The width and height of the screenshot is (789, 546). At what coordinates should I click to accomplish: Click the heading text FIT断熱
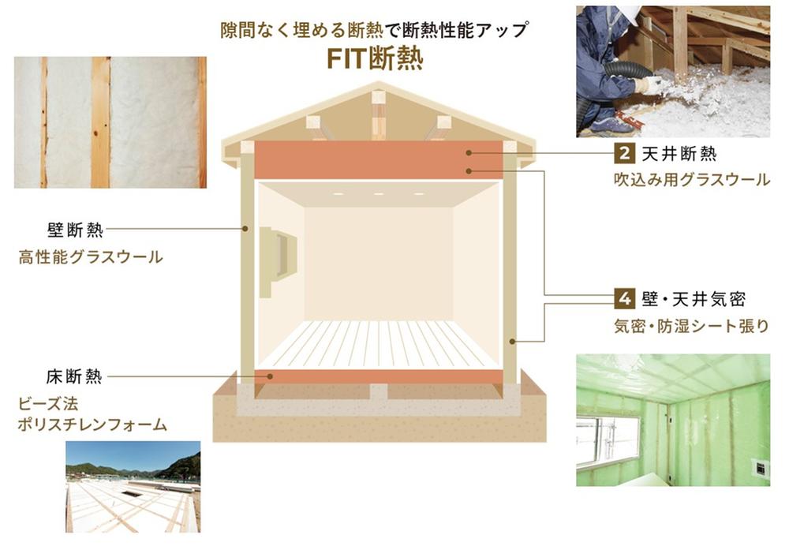click(x=375, y=59)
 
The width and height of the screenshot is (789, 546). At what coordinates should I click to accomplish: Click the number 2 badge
click(x=624, y=153)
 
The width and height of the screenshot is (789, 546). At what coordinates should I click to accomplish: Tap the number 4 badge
click(x=624, y=299)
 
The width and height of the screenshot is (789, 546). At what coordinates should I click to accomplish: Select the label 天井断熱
click(x=679, y=154)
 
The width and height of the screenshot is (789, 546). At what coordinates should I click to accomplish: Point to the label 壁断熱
click(x=75, y=230)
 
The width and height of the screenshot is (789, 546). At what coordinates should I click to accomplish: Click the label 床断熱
click(x=74, y=376)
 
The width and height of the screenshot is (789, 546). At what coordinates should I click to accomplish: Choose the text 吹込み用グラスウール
click(x=692, y=180)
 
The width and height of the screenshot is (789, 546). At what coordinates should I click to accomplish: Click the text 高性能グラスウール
click(x=91, y=257)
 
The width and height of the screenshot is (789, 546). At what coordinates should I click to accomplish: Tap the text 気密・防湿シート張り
click(x=691, y=326)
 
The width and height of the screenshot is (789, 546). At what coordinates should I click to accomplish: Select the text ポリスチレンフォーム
click(x=92, y=424)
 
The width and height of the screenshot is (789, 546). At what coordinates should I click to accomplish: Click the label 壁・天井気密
click(x=694, y=299)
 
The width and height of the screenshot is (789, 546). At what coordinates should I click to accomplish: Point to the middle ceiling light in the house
click(x=379, y=194)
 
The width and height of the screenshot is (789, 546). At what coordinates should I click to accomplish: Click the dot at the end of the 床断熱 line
click(x=270, y=376)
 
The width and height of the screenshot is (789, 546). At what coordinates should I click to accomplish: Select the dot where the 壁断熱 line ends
click(x=245, y=229)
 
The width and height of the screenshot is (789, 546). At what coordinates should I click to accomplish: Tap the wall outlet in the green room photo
click(x=760, y=468)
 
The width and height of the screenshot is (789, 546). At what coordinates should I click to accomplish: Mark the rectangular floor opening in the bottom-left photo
click(x=132, y=494)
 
